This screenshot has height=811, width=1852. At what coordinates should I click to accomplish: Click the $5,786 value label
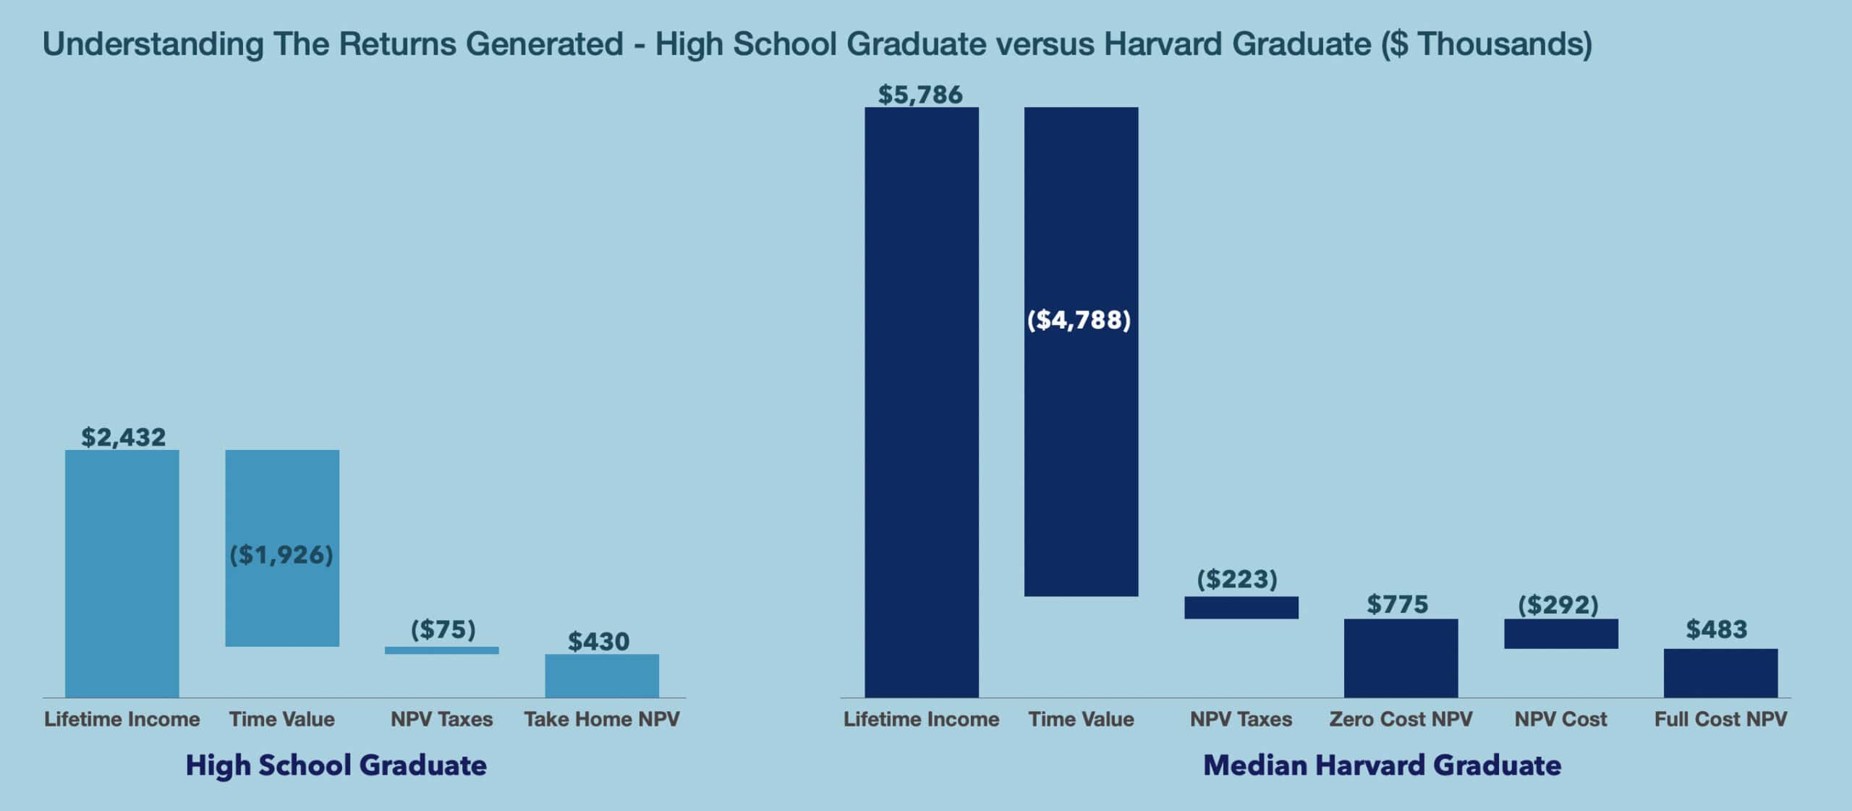click(x=920, y=95)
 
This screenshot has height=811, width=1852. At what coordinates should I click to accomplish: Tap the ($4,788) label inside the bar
click(x=1079, y=320)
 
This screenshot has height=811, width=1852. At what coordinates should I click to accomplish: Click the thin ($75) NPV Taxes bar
click(x=441, y=650)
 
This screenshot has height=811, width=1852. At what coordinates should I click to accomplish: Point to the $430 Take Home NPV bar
click(x=601, y=676)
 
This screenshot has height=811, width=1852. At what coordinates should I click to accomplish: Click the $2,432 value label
click(x=123, y=437)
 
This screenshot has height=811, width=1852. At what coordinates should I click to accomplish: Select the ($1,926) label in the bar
click(x=281, y=555)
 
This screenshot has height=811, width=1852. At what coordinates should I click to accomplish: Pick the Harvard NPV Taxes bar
click(x=1241, y=608)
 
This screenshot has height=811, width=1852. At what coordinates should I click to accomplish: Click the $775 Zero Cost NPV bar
click(x=1401, y=658)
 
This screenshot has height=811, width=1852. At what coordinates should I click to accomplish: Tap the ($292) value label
click(x=1558, y=605)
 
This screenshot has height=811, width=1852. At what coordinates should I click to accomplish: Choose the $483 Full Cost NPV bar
click(x=1720, y=673)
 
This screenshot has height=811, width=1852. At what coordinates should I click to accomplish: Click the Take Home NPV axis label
click(x=601, y=719)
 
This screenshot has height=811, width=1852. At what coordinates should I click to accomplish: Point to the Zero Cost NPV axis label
click(x=1401, y=719)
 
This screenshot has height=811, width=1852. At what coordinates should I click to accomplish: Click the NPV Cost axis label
click(x=1560, y=719)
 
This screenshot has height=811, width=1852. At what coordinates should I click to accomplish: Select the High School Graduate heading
click(x=336, y=765)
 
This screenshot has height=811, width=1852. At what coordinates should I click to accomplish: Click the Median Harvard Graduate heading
click(x=1382, y=765)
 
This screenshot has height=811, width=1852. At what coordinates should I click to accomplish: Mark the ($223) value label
click(x=1237, y=579)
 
